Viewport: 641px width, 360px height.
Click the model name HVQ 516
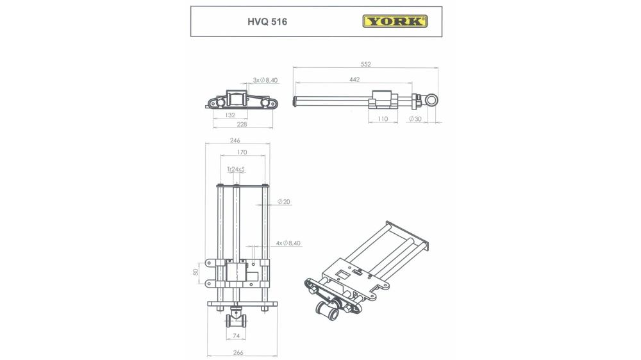(267, 22)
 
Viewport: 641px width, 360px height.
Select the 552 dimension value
(366, 64)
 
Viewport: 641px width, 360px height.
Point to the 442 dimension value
(354, 79)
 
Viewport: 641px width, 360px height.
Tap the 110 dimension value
(383, 119)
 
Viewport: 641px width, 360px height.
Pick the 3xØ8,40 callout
(265, 80)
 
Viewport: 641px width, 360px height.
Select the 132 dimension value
(229, 115)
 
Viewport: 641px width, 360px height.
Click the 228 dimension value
(242, 124)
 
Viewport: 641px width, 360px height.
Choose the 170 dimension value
(242, 152)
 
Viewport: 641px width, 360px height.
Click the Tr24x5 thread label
(236, 169)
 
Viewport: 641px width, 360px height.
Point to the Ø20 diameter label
(284, 202)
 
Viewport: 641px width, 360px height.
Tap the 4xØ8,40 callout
(288, 243)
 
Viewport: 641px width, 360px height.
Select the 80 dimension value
(196, 272)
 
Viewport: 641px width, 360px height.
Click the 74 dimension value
(236, 336)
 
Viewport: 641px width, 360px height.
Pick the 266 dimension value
(238, 352)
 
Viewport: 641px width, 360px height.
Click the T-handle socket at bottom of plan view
(236, 318)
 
